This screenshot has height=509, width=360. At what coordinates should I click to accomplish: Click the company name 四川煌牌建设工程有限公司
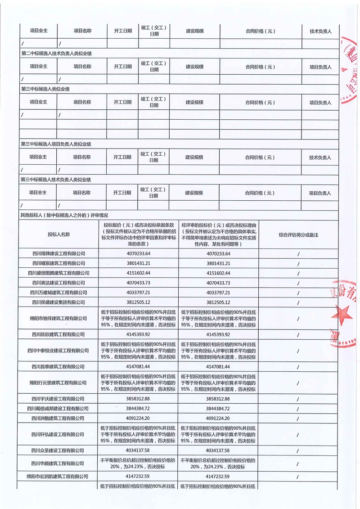coord(58,253)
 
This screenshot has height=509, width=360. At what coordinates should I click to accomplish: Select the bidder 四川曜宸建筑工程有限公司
coord(58,263)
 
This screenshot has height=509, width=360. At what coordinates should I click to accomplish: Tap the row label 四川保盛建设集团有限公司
coord(58,302)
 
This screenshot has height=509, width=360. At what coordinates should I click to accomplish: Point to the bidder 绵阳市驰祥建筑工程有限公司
coord(58,318)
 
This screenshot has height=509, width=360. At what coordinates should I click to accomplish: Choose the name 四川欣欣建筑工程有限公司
coord(58,334)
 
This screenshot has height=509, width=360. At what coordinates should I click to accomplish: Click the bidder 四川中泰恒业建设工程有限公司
coord(58,350)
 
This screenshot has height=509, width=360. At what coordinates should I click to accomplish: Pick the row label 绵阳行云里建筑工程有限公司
coord(58,383)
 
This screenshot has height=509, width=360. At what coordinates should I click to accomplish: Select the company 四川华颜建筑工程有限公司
coord(58,463)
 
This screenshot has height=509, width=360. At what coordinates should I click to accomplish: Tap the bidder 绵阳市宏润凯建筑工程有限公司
coord(58,476)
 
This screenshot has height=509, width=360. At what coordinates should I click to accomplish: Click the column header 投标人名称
coord(58,234)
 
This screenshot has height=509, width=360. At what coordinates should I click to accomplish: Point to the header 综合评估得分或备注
coord(298,234)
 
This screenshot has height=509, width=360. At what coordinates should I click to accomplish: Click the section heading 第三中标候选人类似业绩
coord(45,89)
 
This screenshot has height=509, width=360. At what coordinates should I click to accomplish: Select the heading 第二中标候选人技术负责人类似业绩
coord(56,54)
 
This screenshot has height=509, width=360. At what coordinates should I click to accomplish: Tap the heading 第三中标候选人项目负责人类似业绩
coord(56,144)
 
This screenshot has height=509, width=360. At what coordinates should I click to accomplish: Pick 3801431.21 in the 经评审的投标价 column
coord(219,263)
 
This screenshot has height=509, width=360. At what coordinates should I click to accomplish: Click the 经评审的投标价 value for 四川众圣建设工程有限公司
coord(219,450)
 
